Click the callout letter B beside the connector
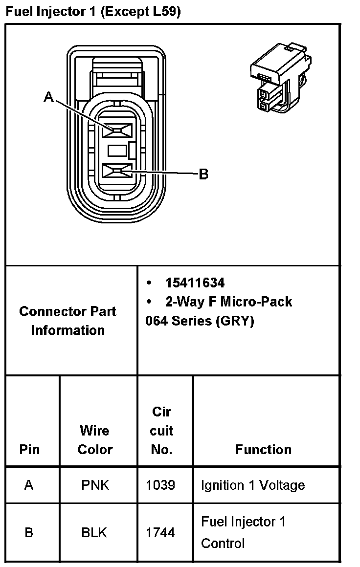pos(203,174)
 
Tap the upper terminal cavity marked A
pos(118,131)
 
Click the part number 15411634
pos(195,283)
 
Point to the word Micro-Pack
pos(256,302)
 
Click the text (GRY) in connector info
pos(235,322)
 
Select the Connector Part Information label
pos(68,321)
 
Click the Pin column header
pos(29,449)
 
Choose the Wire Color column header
pos(95,440)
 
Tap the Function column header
pos(263,449)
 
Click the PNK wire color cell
pos(95,485)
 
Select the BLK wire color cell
pos(94,532)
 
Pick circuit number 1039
pos(160,485)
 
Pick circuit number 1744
pos(160,532)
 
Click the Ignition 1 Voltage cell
pos(252,485)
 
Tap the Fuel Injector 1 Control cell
pos(243,532)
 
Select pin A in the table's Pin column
pos(29,485)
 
